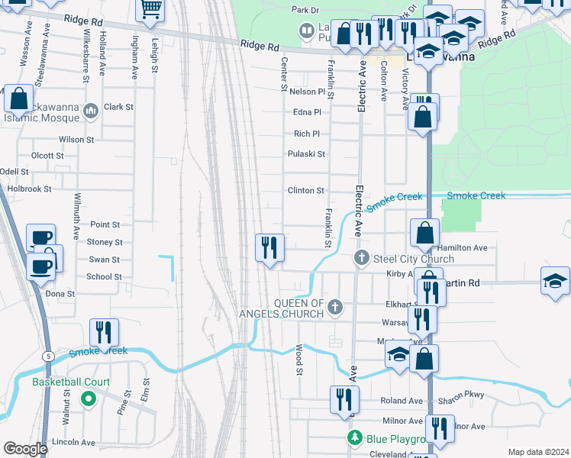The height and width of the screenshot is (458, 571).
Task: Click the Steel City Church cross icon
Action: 363,259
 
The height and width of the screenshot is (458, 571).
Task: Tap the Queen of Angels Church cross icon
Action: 334,308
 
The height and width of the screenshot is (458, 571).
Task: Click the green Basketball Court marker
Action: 88,398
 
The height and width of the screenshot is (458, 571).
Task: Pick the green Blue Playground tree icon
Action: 354,438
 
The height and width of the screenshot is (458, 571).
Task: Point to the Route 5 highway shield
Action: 47,356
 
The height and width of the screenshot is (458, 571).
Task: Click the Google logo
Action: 25,449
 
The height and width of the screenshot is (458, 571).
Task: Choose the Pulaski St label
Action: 306,154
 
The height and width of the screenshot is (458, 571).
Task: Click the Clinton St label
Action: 305,190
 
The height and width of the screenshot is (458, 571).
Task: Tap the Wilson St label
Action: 76,140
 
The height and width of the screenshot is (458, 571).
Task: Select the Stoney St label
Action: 105,242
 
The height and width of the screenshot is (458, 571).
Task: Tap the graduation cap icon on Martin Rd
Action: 554,280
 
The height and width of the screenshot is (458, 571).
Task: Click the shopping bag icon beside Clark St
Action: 20,98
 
